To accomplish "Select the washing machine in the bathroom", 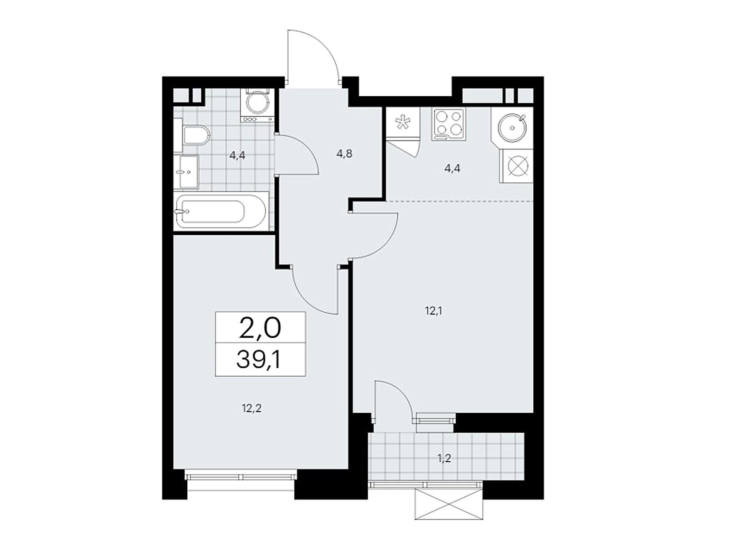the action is point(257,105).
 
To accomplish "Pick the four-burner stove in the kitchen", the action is point(449,123).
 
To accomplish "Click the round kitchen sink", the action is point(512,127).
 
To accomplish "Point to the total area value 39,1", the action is point(259,360).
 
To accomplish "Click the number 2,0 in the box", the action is point(260,328).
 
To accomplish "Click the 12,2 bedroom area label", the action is point(252,408).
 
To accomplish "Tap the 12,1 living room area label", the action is point(433,311).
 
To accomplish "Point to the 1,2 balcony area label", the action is point(444,459).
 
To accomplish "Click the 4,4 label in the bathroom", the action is point(237,155).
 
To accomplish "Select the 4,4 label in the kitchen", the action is point(452,169).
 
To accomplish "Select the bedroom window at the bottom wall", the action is point(241,477).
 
